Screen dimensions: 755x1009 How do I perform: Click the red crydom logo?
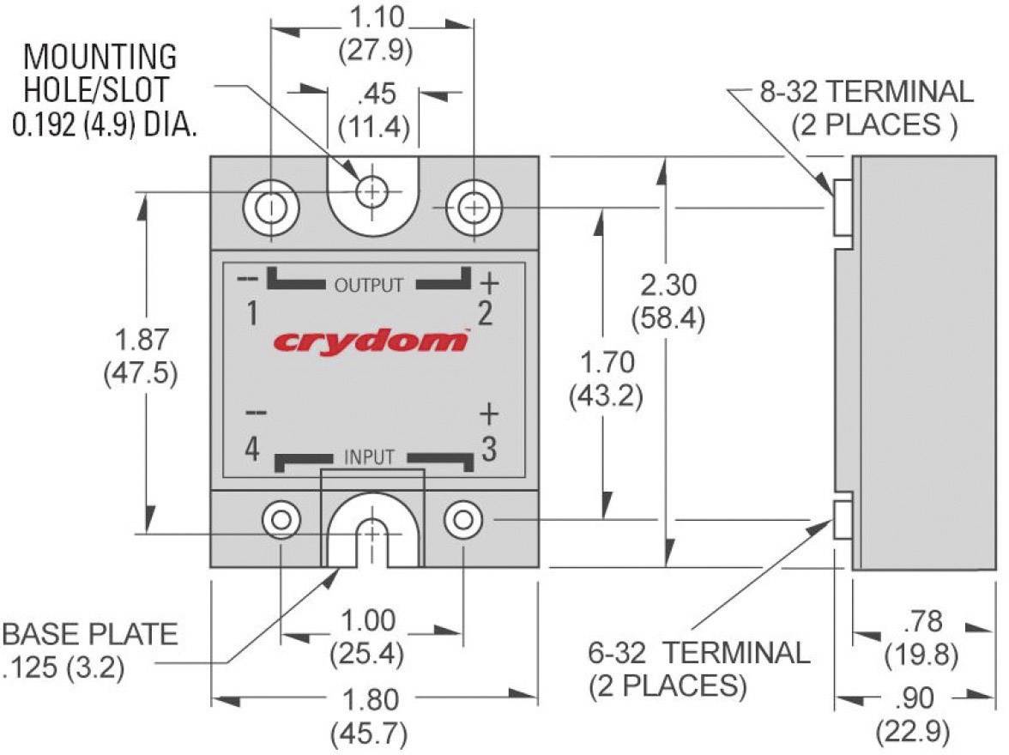(371, 341)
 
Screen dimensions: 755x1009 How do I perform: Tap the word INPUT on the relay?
(370, 457)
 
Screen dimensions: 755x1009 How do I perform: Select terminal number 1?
(252, 315)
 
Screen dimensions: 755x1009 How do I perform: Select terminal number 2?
(485, 315)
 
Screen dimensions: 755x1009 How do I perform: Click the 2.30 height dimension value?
(668, 284)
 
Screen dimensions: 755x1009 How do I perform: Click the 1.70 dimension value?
(607, 363)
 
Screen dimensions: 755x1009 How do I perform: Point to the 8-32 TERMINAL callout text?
(866, 91)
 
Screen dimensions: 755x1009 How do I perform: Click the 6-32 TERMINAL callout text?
(700, 653)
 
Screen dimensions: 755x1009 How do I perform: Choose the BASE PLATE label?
(90, 634)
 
